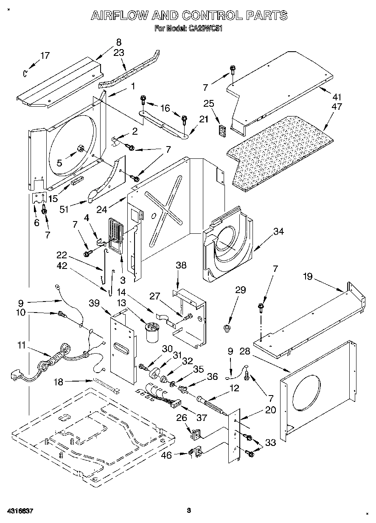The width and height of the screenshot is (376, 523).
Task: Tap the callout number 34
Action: click(x=278, y=231)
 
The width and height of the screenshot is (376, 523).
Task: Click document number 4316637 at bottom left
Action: click(x=20, y=511)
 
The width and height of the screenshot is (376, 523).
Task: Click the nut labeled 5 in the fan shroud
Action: click(x=80, y=148)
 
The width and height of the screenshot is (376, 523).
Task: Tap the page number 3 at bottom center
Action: click(x=189, y=510)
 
